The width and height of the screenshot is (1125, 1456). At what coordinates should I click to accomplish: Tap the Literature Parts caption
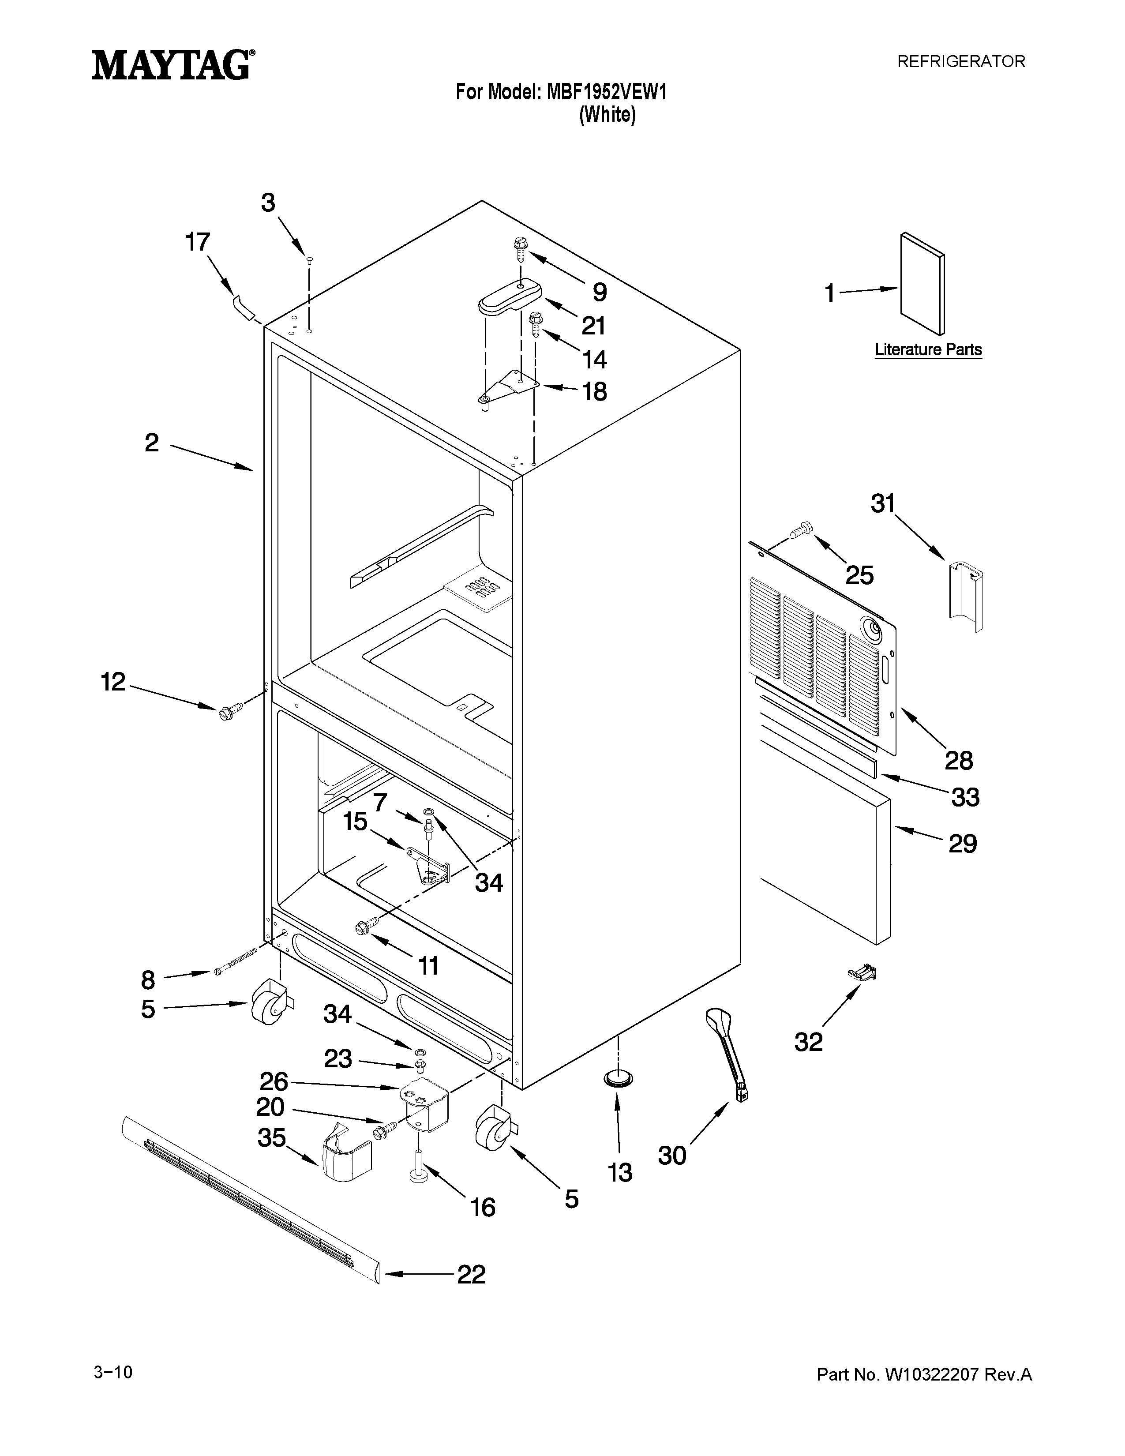click(928, 349)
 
